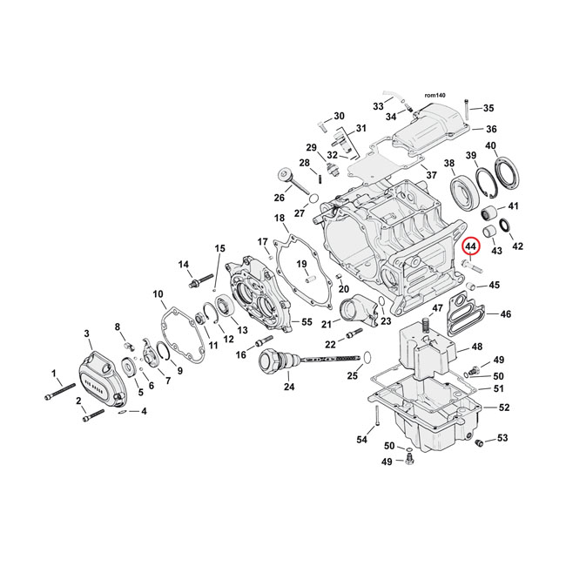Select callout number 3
click(87, 334)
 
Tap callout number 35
click(488, 108)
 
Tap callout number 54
click(360, 440)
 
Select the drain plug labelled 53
click(478, 444)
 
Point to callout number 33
click(378, 105)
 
